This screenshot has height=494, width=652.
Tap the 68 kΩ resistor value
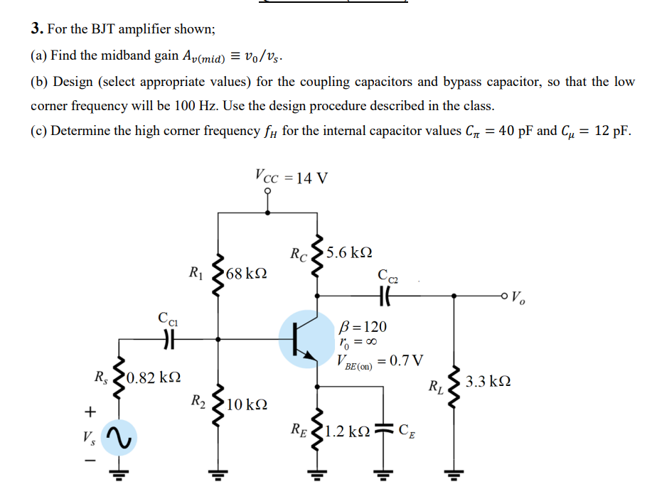[247, 274]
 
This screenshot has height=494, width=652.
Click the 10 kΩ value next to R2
[247, 405]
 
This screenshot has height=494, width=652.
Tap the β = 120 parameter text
[364, 327]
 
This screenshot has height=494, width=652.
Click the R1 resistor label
[195, 271]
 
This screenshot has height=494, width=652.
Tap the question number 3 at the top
[36, 29]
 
